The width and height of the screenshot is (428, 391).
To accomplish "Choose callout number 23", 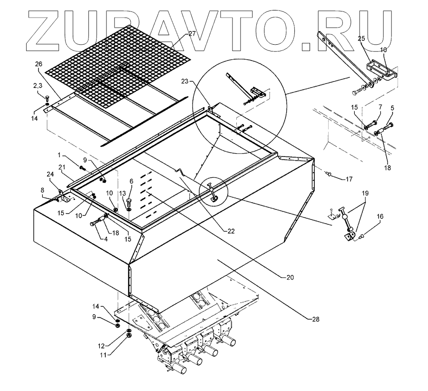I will click(x=185, y=82).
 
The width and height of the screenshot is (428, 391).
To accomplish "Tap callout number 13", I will click(x=122, y=193).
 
